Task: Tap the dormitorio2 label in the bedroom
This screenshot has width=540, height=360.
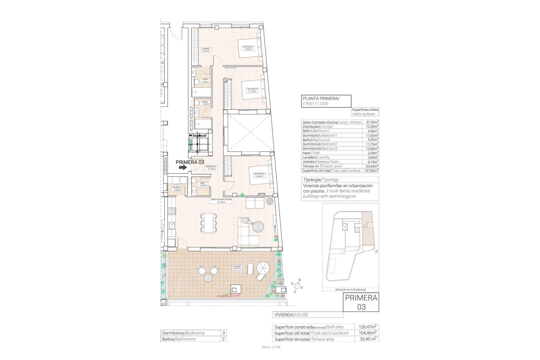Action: [252, 90]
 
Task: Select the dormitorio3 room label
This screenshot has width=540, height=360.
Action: [258, 175]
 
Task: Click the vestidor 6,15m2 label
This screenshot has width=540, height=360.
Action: [206, 50]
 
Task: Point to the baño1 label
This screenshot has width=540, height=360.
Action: [205, 81]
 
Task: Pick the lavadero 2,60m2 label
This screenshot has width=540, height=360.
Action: [177, 188]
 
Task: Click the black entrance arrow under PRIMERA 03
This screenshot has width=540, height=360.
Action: [183, 167]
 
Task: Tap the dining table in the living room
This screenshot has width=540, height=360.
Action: [208, 223]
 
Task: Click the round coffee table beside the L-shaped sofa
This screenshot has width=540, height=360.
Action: [258, 226]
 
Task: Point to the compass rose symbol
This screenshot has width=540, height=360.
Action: [298, 286]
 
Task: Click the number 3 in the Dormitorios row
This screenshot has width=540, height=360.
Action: [223, 333]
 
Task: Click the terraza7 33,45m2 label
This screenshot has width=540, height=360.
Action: [237, 267]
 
